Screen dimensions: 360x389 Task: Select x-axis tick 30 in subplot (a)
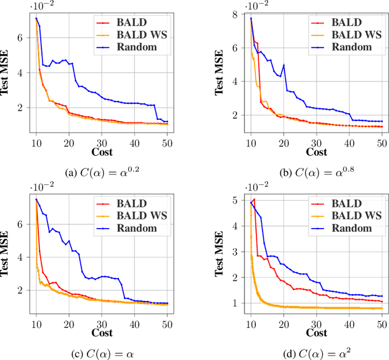[102, 139]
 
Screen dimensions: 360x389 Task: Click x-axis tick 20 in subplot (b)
[283, 139]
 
